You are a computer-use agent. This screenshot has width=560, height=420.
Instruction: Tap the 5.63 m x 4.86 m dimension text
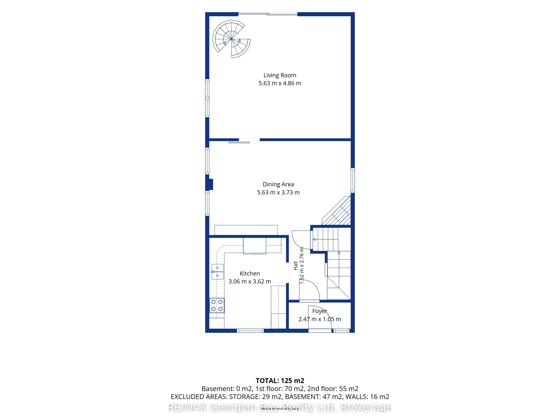280,83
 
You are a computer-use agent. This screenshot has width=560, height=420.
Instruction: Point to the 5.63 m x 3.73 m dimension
278,192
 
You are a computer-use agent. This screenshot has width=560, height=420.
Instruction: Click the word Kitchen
250,273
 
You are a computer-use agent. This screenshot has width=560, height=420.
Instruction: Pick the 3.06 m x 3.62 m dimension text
250,282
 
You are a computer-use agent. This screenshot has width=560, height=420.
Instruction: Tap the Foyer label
320,311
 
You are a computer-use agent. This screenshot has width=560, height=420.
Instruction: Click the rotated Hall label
295,266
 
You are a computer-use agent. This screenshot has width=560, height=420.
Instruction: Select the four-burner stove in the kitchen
217,305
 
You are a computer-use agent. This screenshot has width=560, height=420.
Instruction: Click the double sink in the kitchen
217,271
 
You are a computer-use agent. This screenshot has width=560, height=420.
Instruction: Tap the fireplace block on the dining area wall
210,185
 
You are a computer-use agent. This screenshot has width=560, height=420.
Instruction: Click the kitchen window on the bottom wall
250,331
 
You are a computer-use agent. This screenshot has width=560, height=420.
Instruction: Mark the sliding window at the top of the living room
268,14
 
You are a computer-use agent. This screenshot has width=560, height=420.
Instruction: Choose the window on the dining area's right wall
353,180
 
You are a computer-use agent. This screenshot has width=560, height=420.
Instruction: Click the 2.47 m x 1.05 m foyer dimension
320,319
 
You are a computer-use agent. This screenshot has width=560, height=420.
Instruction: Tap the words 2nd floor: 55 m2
333,389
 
